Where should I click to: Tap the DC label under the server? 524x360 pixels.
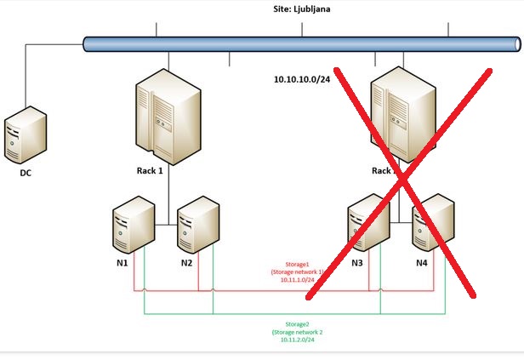(25, 173)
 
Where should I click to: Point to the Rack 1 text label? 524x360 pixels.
(148, 170)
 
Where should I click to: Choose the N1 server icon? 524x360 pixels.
(134, 226)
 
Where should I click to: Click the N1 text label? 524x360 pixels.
(122, 262)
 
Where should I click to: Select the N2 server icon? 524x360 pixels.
(198, 227)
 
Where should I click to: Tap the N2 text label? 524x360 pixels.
(186, 262)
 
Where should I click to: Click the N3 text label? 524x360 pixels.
(357, 262)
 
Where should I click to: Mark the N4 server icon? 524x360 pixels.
(432, 226)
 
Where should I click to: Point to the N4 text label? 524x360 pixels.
(421, 262)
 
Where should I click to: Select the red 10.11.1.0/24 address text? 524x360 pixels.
(297, 279)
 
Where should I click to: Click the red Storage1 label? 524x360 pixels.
(297, 265)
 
